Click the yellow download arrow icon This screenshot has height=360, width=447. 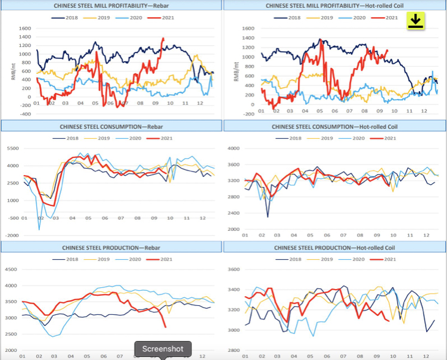[x=415, y=21]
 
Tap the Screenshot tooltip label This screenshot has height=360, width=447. [x=163, y=349]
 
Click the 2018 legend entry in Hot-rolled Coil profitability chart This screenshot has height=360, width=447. [x=290, y=18]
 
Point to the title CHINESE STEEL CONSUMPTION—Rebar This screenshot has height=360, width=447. [x=111, y=126]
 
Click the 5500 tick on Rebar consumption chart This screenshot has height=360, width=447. [x=13, y=148]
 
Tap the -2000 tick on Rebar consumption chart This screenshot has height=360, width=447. [x=13, y=235]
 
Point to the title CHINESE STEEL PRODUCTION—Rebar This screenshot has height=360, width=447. [x=111, y=247]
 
